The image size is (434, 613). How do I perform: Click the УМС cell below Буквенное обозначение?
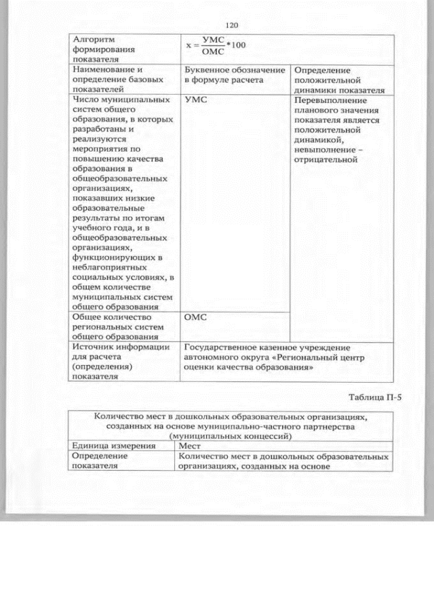(x=195, y=100)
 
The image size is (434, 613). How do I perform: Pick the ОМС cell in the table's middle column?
(x=196, y=316)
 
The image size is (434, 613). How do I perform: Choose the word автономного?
(x=210, y=358)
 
